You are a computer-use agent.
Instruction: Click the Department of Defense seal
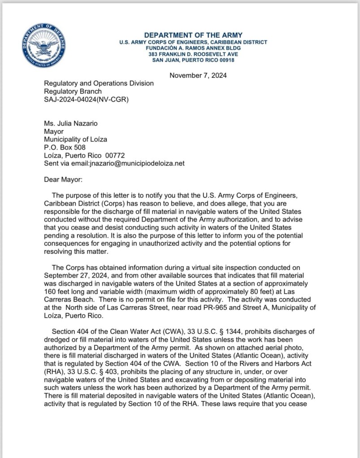(44, 46)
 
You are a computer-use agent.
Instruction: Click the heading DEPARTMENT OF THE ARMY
(193, 35)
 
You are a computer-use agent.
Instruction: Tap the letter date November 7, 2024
(198, 75)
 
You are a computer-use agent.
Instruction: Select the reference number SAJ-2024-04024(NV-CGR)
(86, 99)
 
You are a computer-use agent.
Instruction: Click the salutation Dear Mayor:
(60, 180)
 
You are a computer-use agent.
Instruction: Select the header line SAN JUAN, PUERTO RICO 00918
(193, 60)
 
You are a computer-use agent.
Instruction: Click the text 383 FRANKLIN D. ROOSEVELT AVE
(193, 54)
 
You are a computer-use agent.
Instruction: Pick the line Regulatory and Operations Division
(99, 83)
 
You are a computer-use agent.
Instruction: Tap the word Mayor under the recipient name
(54, 132)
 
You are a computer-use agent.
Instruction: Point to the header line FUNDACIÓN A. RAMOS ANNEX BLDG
(193, 48)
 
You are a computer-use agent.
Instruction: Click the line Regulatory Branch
(73, 91)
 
